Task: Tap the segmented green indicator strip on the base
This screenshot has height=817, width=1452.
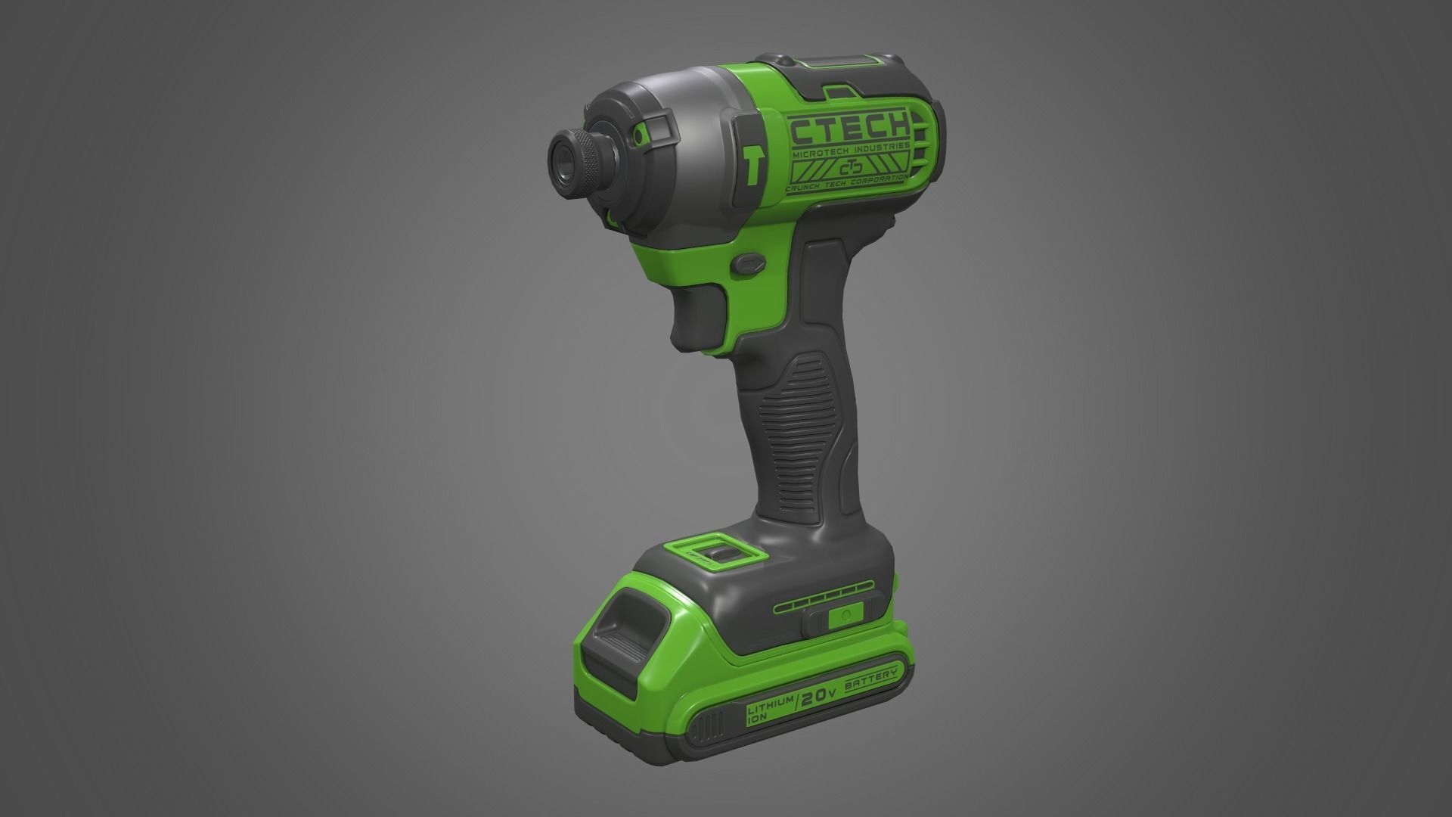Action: coord(824,603)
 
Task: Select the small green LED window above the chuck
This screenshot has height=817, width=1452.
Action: coord(641,137)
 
